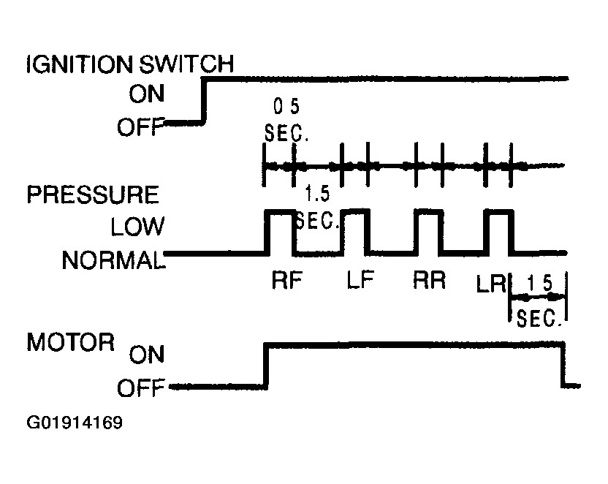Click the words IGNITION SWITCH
click(x=130, y=64)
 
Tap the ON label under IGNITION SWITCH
click(x=147, y=94)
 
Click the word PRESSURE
click(x=93, y=194)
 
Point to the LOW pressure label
click(x=137, y=227)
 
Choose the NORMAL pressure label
click(x=113, y=260)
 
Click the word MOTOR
click(x=71, y=342)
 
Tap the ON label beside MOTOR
click(x=147, y=355)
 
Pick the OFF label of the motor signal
click(x=141, y=387)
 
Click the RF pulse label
click(x=287, y=280)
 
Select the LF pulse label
click(x=360, y=280)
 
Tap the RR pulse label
click(x=429, y=280)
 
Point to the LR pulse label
click(x=491, y=284)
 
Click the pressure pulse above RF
click(x=281, y=211)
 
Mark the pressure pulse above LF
click(x=355, y=211)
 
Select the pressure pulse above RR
click(x=428, y=211)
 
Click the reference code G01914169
click(x=75, y=423)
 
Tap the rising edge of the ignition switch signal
click(x=204, y=101)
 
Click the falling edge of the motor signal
click(x=563, y=365)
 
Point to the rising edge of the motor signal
click(x=266, y=366)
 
